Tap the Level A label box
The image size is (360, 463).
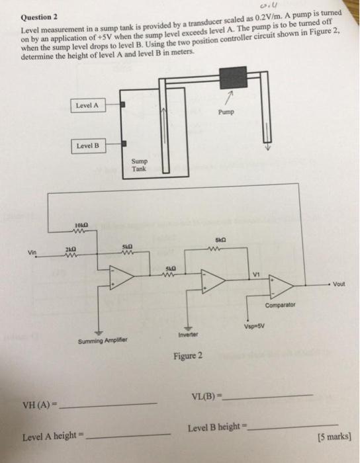click(87, 105)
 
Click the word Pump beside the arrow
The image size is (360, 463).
click(227, 112)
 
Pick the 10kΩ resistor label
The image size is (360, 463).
click(81, 226)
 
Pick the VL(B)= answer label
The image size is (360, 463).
click(204, 396)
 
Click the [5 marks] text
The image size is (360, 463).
click(333, 437)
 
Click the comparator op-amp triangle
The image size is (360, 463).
click(281, 284)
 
